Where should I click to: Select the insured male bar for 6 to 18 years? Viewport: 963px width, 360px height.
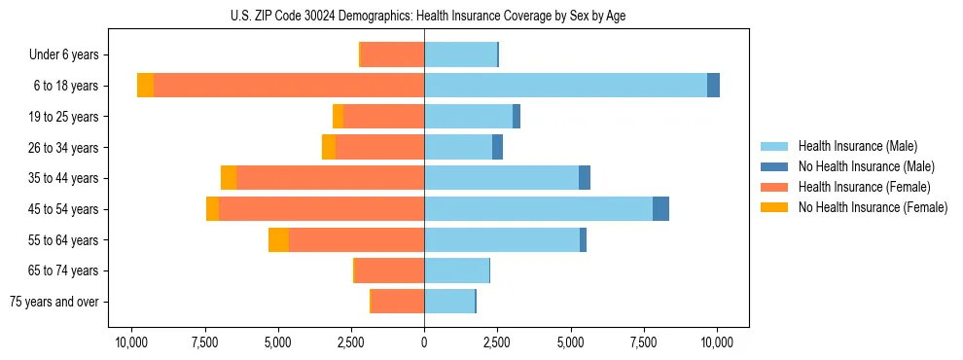click(x=565, y=86)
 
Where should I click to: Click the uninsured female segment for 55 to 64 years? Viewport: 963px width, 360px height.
click(x=278, y=240)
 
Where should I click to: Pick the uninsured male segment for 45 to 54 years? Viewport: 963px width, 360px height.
click(x=660, y=209)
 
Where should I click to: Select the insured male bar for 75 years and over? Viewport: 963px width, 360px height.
click(x=449, y=302)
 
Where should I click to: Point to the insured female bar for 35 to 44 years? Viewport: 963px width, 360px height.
click(x=330, y=178)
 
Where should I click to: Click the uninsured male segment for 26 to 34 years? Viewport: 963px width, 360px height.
click(x=497, y=148)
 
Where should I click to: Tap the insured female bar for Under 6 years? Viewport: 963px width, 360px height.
click(x=392, y=54)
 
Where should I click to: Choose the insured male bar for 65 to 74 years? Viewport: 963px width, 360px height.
click(x=456, y=270)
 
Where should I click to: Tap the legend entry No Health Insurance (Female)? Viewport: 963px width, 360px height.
click(x=873, y=207)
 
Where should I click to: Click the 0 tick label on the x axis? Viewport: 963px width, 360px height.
click(x=424, y=342)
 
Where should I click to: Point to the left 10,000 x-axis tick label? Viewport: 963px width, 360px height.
click(x=131, y=342)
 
